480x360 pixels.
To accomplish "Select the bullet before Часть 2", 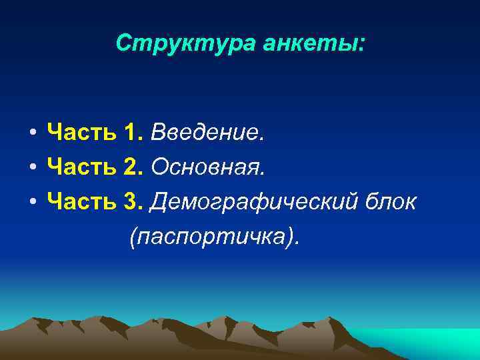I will click(32, 169).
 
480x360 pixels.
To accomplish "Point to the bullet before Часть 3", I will click(32, 202).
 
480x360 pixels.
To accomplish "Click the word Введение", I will click(207, 135).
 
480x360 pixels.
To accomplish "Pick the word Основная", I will click(208, 168).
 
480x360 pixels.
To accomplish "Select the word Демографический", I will click(253, 202).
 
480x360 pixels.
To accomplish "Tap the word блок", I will click(391, 201).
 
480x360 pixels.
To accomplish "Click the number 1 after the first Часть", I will click(131, 135).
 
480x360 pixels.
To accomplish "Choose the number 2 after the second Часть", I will click(131, 168).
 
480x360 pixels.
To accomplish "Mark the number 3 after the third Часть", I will click(131, 201).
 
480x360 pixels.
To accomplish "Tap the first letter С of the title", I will click(123, 44).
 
